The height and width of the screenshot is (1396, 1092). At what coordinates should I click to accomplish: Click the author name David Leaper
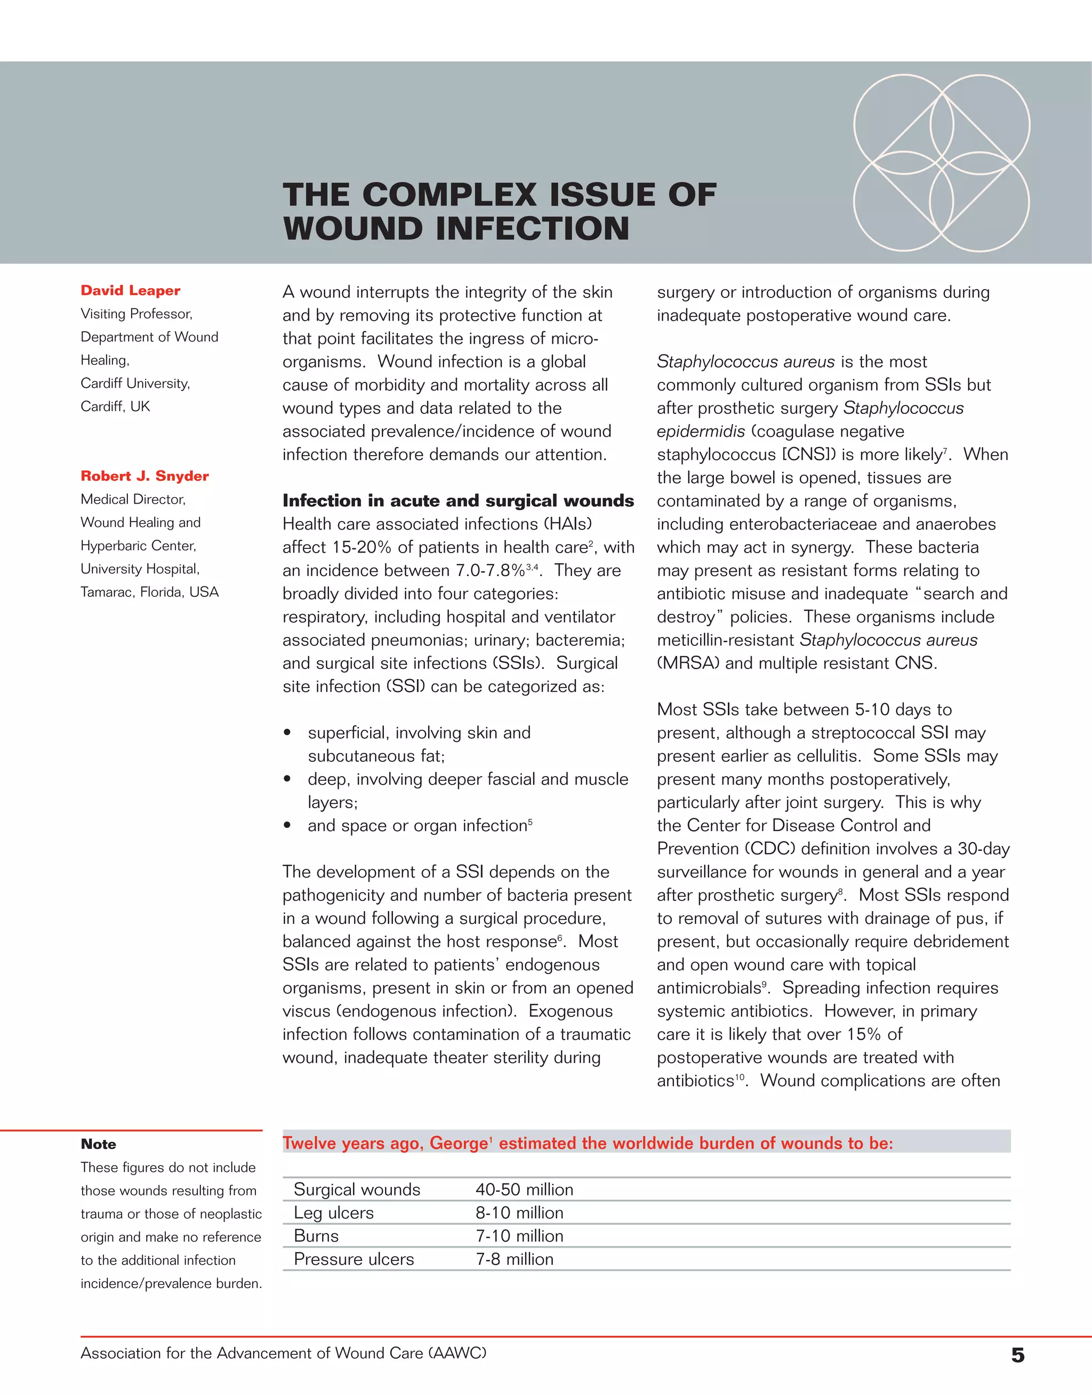[131, 290]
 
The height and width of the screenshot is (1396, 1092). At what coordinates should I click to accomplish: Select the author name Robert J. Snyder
[144, 476]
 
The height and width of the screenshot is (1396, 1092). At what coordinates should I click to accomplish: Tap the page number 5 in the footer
[1018, 1354]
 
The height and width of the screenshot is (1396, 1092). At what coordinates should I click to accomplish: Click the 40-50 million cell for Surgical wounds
[524, 1190]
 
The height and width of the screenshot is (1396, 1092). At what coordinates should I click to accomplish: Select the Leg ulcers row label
[334, 1212]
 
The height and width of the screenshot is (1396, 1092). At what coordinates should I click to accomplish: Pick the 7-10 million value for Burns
[519, 1235]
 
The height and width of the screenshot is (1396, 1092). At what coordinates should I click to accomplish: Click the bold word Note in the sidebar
[99, 1144]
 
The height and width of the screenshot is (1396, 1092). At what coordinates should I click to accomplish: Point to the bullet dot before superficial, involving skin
[288, 733]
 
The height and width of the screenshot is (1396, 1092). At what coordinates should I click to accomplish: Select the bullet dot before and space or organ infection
[288, 826]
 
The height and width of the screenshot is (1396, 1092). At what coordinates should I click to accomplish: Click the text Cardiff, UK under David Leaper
[115, 406]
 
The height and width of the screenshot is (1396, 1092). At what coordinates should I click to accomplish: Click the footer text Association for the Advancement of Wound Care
[283, 1353]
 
